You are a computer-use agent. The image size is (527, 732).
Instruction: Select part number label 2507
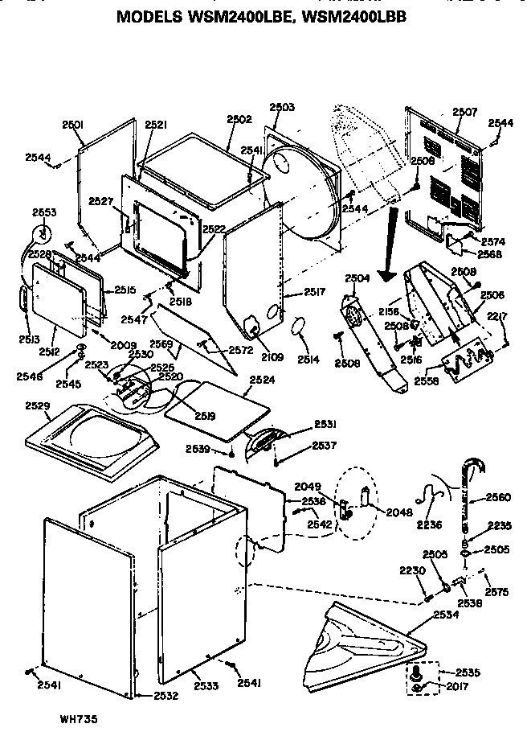tap(465, 112)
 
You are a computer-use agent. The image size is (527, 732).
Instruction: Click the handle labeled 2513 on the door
tap(24, 298)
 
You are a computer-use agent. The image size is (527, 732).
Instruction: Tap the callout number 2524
tap(261, 380)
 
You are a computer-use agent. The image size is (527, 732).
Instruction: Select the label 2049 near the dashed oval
tap(307, 486)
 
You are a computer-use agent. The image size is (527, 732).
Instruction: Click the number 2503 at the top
tap(281, 107)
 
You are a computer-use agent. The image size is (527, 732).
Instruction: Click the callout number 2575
tap(497, 592)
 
